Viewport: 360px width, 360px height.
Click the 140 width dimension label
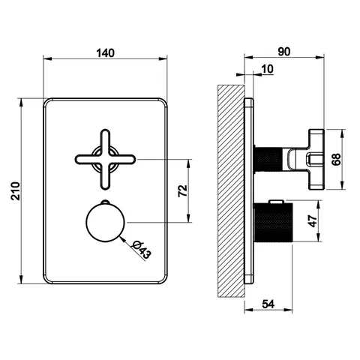pyautogui.click(x=105, y=53)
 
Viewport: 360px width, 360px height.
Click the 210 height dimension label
pyautogui.click(x=16, y=191)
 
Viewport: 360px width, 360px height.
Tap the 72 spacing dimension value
pyautogui.click(x=183, y=190)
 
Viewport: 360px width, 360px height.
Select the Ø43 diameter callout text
pyautogui.click(x=142, y=250)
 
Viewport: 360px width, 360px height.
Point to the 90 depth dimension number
pyautogui.click(x=284, y=52)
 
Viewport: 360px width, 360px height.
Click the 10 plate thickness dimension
pyautogui.click(x=267, y=69)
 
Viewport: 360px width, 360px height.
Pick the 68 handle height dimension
pyautogui.click(x=337, y=159)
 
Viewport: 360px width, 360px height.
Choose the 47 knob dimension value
pyautogui.click(x=313, y=221)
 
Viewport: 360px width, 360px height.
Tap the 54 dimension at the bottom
pyautogui.click(x=268, y=304)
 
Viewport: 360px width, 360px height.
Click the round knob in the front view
pyautogui.click(x=105, y=223)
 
